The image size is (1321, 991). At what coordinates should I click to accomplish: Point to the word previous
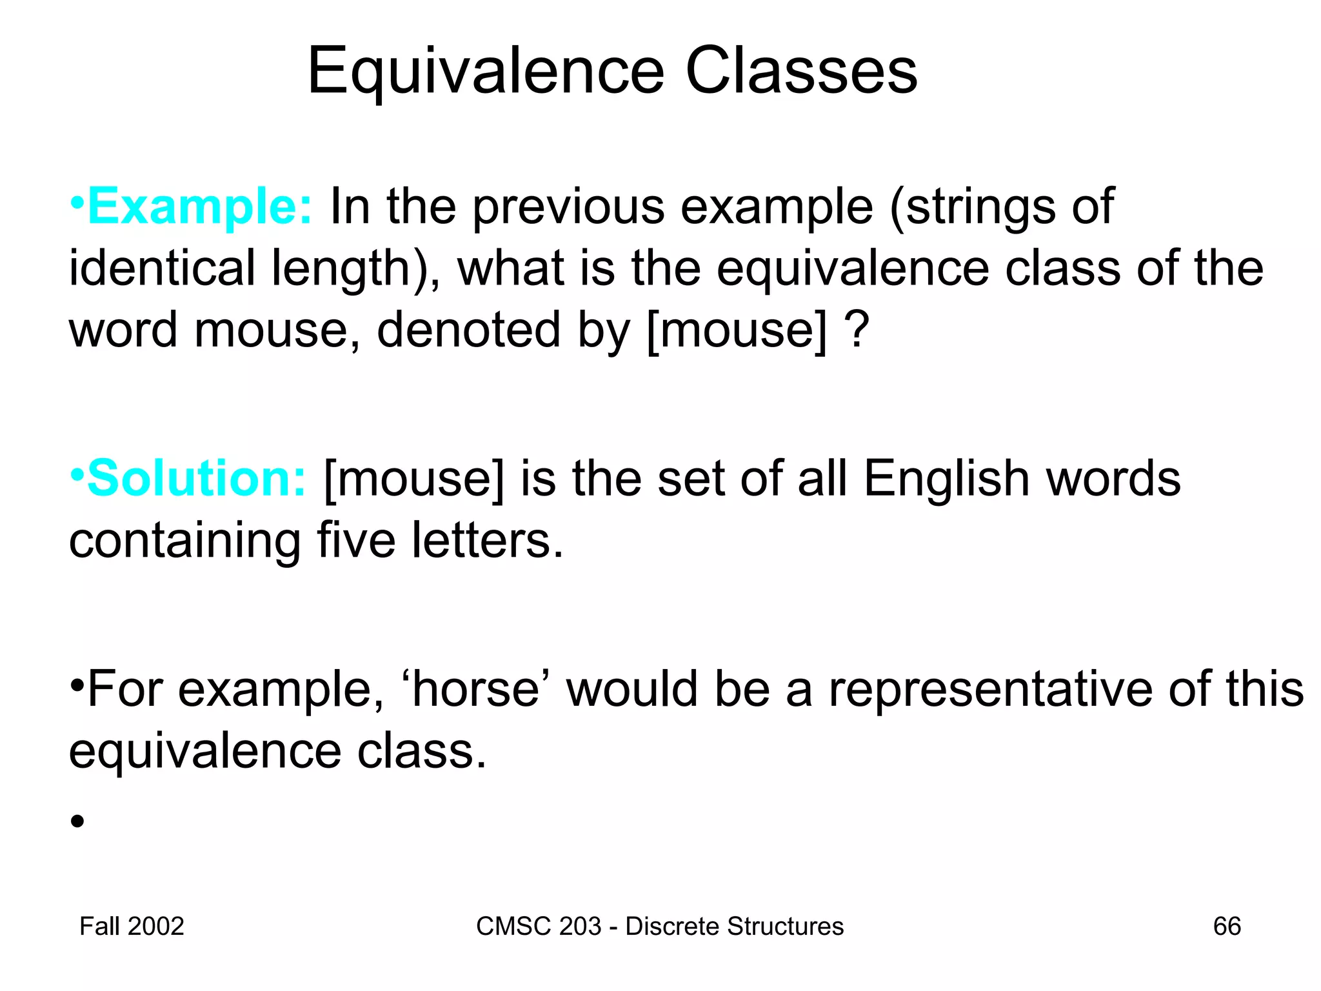tap(568, 206)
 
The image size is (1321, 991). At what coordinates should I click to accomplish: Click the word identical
tap(162, 268)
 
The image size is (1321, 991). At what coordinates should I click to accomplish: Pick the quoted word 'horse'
tap(475, 689)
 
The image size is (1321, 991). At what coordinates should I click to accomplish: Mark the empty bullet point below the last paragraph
tap(77, 821)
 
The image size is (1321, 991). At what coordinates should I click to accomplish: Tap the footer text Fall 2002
tap(132, 926)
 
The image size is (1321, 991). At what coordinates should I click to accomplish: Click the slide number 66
tap(1227, 926)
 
